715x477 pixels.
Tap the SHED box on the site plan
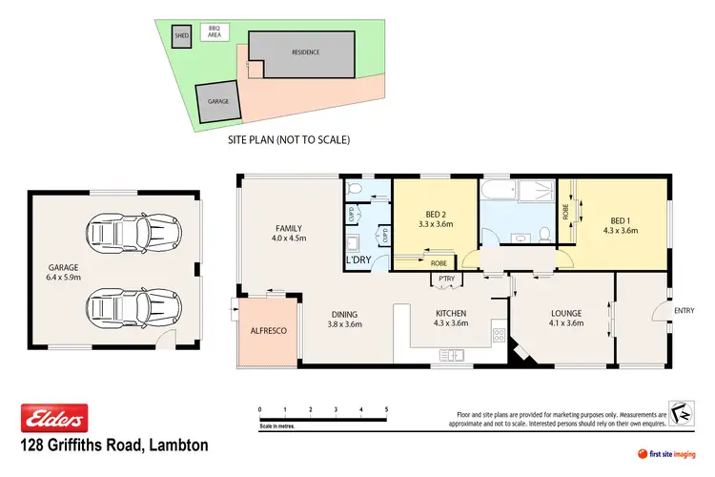coord(181,37)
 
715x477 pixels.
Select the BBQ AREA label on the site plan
coord(214,31)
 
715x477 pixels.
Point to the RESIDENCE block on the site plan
coord(306,52)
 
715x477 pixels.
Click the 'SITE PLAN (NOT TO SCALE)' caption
coord(289,140)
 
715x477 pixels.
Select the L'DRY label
coord(357,259)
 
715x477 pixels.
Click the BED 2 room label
coord(435,219)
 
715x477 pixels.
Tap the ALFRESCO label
coord(268,330)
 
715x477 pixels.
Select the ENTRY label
coord(684,310)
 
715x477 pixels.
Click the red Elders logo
coord(54,418)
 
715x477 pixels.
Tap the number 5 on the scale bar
coord(386,409)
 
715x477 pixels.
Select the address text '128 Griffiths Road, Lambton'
coord(114,446)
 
